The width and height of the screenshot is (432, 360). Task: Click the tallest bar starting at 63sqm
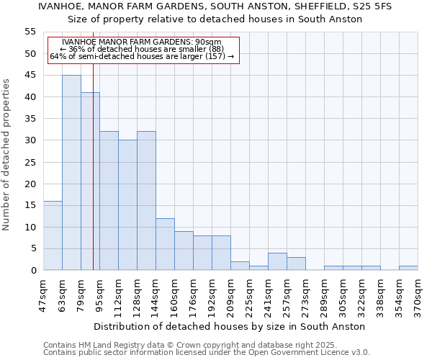[71, 173]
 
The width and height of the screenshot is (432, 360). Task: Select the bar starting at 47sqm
[53, 235]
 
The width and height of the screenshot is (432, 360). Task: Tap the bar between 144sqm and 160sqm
[165, 244]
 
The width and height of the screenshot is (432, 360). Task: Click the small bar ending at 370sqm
[408, 268]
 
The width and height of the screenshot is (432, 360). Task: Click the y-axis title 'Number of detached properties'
[7, 155]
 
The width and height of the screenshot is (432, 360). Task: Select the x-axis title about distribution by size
[229, 326]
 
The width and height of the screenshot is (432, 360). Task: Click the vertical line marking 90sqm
[93, 180]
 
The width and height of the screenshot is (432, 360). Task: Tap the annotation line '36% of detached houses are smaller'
[142, 49]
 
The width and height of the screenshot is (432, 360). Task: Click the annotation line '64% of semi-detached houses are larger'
[142, 56]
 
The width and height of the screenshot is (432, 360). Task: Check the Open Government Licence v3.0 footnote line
[207, 353]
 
